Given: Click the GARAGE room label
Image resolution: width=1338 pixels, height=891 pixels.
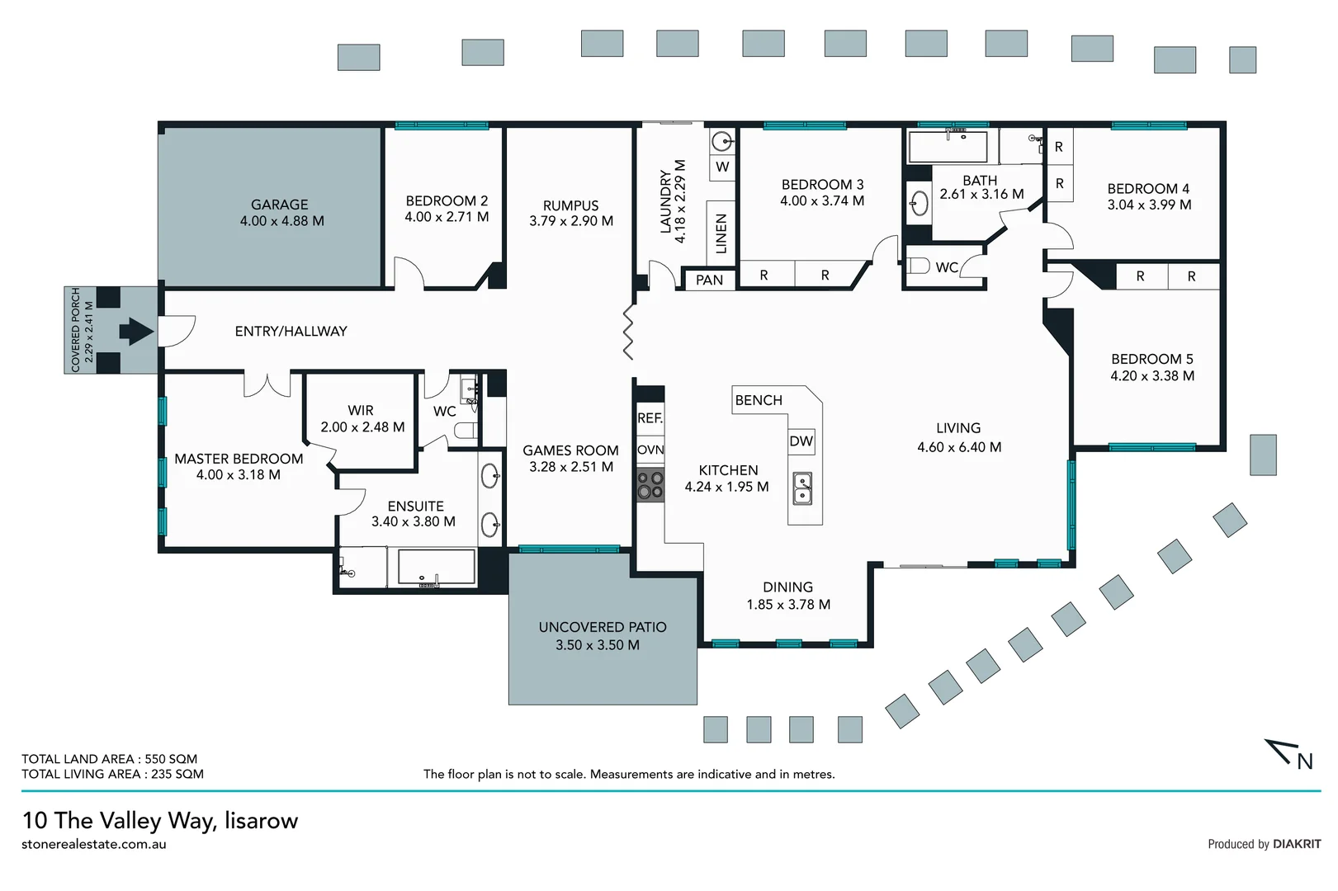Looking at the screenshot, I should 279,205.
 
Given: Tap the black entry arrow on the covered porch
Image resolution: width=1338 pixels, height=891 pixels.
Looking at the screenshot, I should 136,332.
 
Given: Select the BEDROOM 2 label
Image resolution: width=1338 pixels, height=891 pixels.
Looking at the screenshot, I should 447,200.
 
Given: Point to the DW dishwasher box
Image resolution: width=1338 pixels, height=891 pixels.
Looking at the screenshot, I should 801,441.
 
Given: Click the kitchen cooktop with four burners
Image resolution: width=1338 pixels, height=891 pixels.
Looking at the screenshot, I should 650,485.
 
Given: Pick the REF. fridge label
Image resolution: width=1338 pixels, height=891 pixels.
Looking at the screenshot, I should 650,418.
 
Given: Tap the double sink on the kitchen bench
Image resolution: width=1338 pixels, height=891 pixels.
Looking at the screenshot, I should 802,488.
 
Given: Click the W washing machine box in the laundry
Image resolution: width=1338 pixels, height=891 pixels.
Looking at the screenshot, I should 722,167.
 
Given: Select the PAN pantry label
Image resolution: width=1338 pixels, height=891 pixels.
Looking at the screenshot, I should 709,280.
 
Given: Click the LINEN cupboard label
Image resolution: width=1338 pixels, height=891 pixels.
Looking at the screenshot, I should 721,233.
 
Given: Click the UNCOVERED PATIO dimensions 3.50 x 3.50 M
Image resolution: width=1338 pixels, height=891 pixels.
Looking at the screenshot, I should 597,645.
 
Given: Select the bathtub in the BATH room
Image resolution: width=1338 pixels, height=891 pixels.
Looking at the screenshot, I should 948,147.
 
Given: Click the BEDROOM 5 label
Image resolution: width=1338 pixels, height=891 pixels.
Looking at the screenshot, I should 1151,359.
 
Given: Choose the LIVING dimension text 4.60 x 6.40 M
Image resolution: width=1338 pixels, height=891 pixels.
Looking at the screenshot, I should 959,447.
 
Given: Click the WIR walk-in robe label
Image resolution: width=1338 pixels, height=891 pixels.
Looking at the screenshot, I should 361,410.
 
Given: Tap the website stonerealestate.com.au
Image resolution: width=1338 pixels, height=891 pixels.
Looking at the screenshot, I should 94,844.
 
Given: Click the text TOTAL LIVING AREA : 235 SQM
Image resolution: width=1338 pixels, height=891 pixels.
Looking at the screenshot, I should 112,774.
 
